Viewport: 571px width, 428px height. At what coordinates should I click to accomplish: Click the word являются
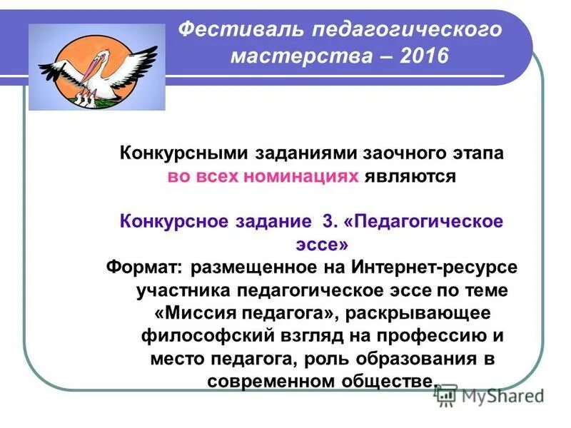pos(409,176)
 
